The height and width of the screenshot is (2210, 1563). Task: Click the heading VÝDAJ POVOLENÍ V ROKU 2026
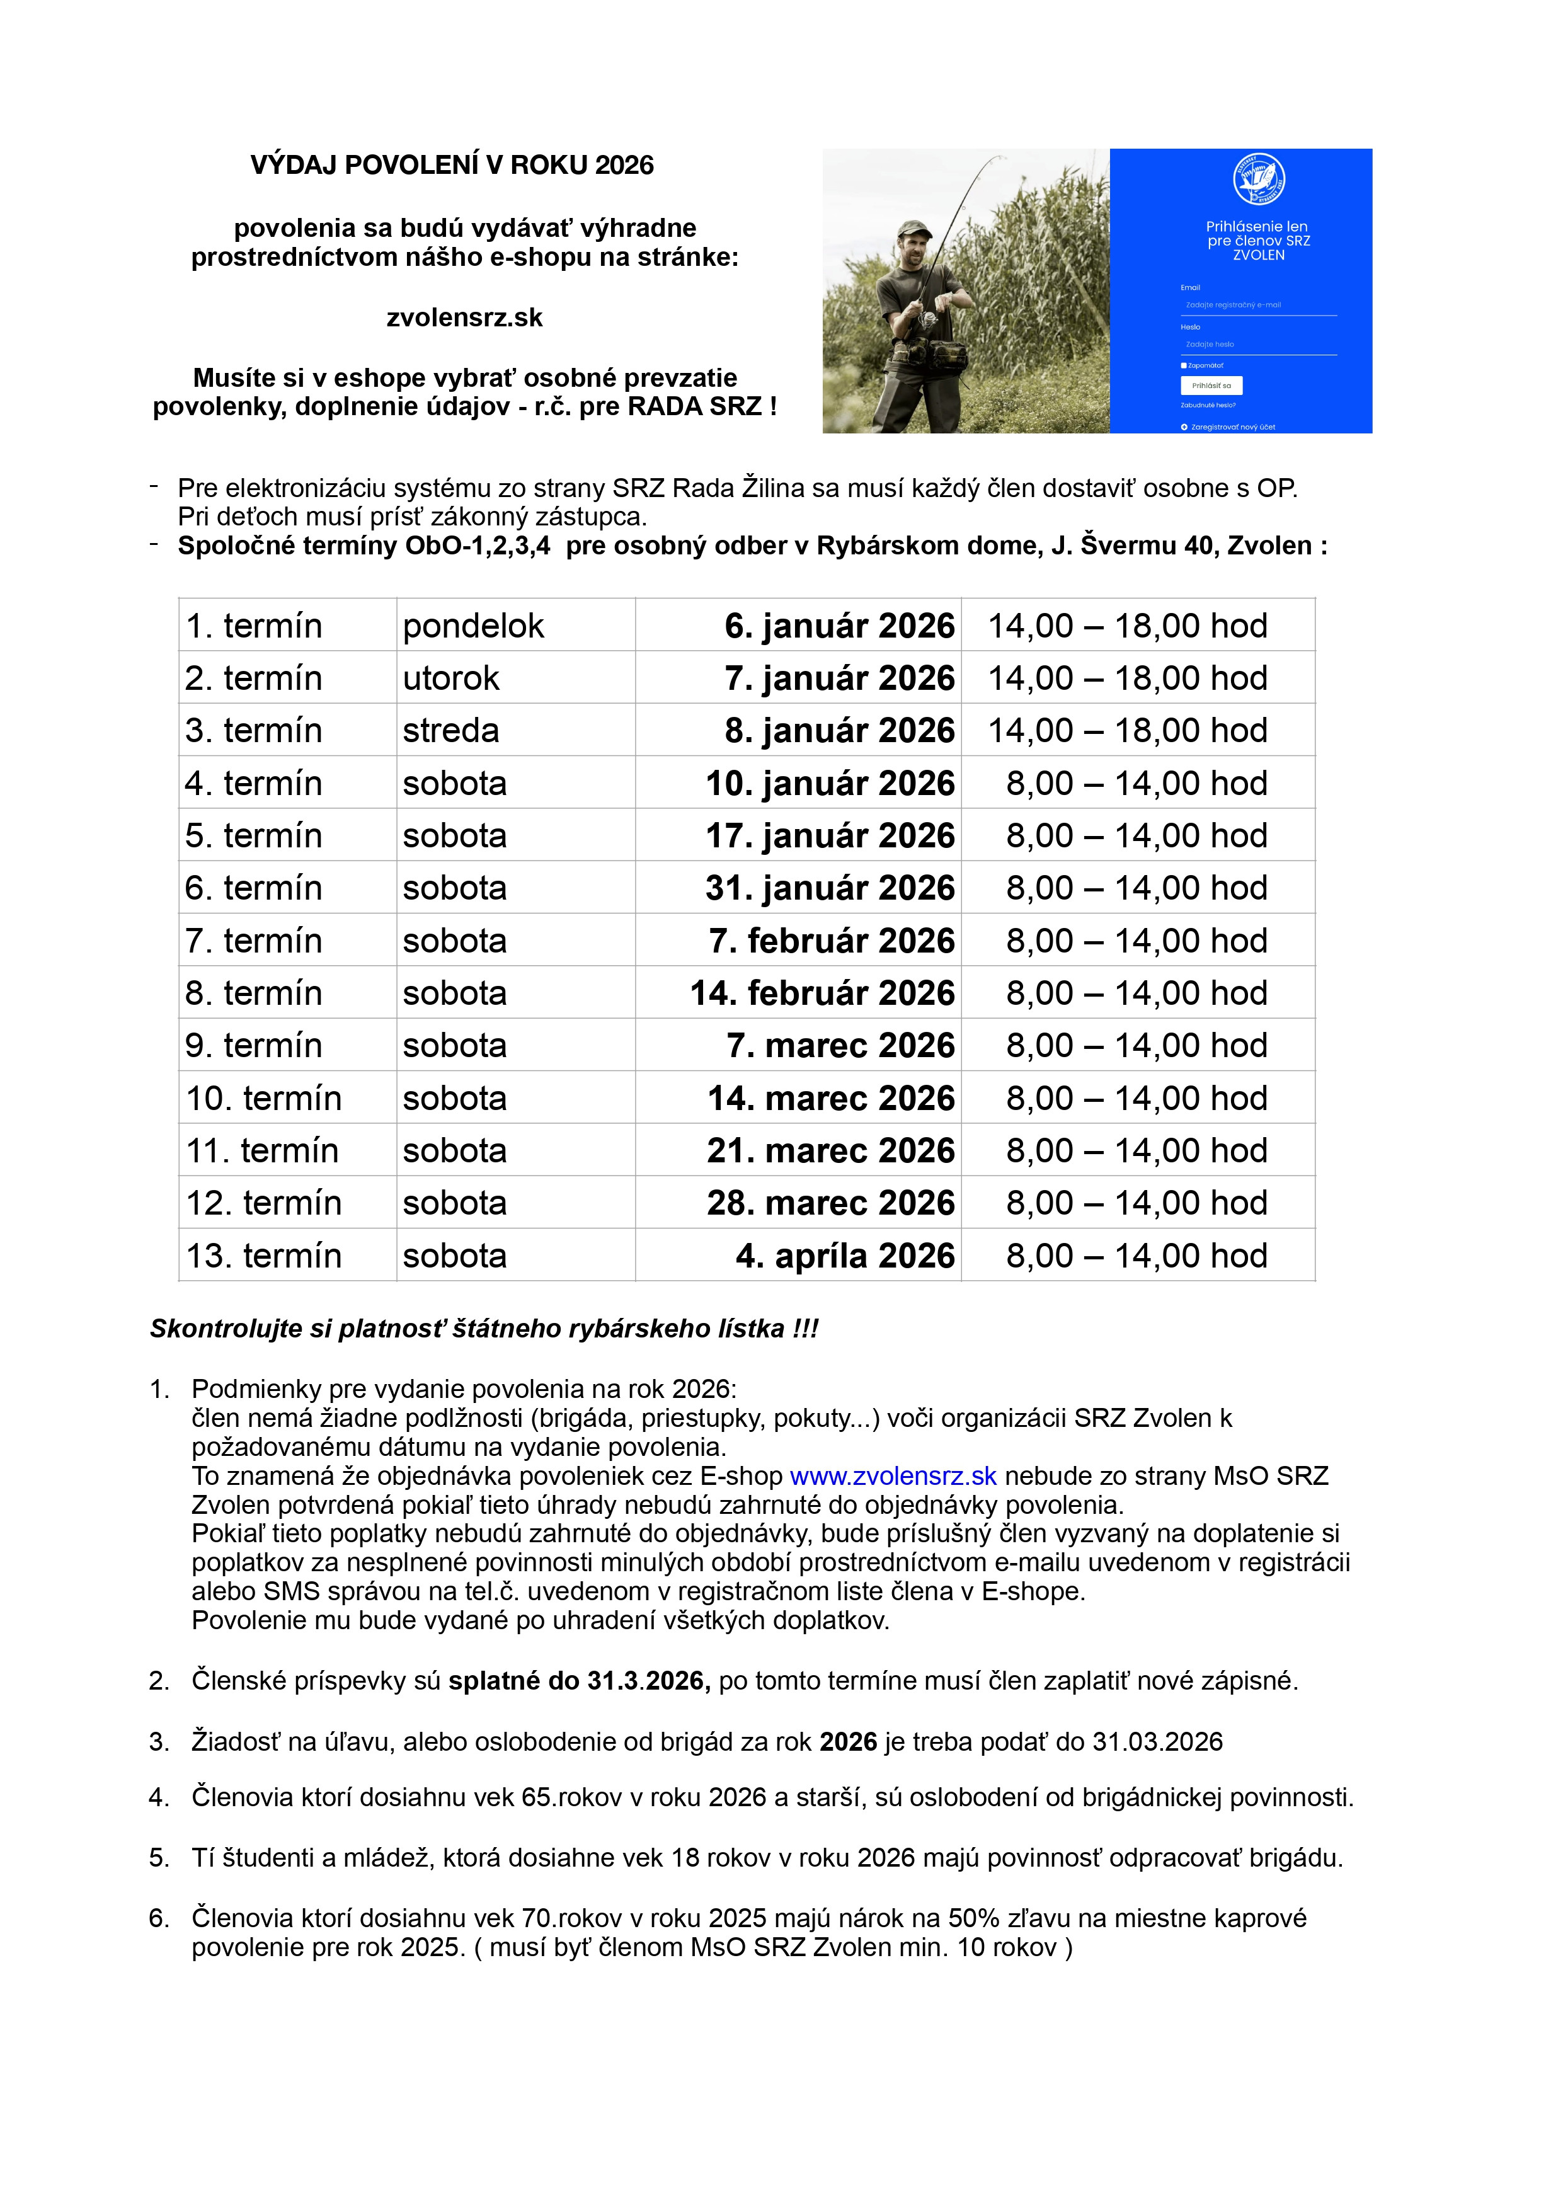pos(451,166)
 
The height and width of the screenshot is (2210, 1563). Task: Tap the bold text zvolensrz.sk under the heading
pos(464,318)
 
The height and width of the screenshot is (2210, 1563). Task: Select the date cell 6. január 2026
pos(839,626)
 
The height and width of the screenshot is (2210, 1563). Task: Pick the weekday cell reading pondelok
pos(474,626)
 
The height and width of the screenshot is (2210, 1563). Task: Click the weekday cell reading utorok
pos(450,678)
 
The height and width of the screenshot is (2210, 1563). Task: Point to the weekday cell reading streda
pos(450,731)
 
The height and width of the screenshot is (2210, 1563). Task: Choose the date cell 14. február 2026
pos(822,993)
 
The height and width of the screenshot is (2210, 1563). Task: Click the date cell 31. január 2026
pos(830,888)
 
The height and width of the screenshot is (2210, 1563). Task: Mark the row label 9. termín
pos(253,1045)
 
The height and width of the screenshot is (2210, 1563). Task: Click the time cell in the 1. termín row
pos(1127,626)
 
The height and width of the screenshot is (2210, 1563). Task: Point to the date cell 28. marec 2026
pos(830,1203)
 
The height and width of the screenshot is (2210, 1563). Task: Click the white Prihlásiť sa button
pos(1211,385)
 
